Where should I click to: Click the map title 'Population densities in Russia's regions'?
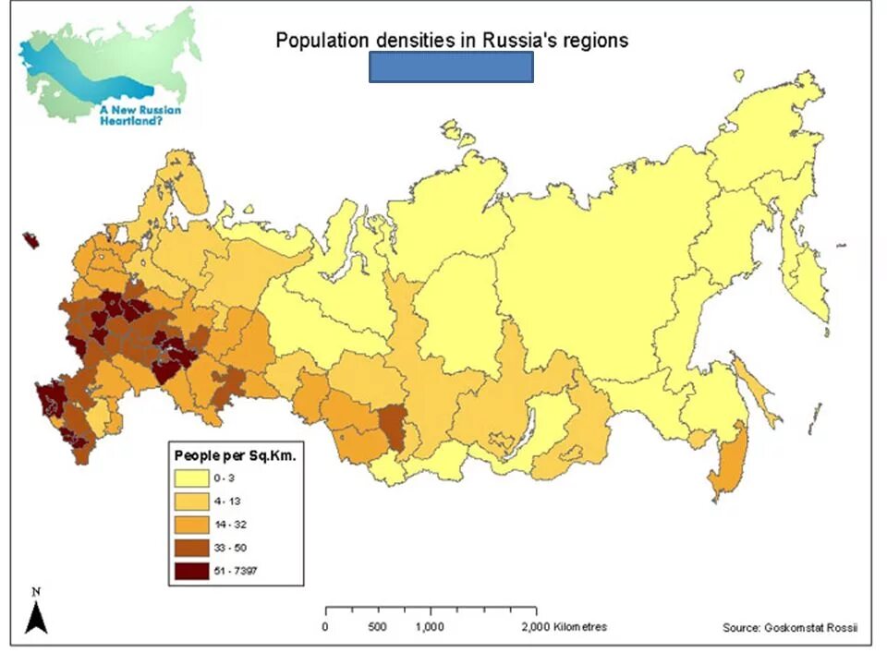(x=452, y=40)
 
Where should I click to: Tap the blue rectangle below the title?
(x=451, y=67)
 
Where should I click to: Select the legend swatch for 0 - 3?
(x=191, y=478)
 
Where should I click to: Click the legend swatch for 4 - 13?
(x=191, y=502)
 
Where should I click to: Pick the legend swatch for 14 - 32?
(x=191, y=525)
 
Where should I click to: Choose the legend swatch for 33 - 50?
(x=191, y=548)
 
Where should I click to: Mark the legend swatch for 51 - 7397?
(x=191, y=571)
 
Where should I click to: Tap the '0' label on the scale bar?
(x=324, y=627)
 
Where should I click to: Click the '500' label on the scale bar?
(x=377, y=627)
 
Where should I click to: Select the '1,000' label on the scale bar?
(x=431, y=627)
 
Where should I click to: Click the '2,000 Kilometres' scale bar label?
(x=563, y=627)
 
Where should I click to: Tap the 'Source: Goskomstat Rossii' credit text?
(x=790, y=628)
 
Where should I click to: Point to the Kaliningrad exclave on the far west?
(x=31, y=240)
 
